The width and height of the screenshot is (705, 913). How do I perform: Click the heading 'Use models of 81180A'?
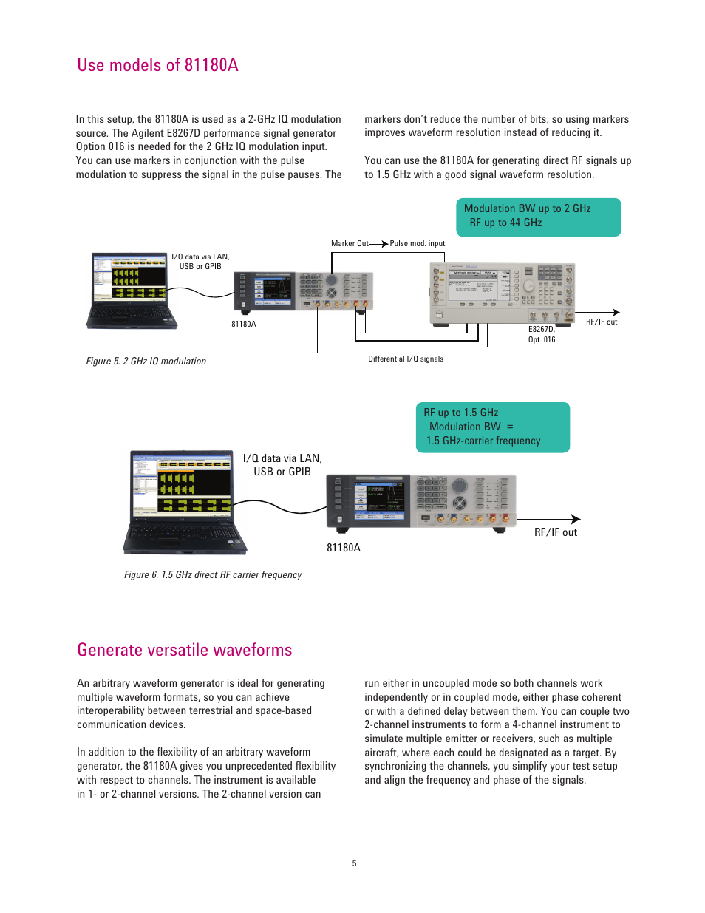pos(157,65)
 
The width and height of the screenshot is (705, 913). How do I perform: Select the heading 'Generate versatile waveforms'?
pos(184,650)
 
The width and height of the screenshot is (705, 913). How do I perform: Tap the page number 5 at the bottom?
pos(354,863)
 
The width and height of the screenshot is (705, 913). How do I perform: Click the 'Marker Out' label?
pos(350,243)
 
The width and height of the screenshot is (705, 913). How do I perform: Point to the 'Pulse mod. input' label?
pos(418,243)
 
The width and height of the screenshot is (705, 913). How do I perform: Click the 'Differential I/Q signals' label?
pos(406,359)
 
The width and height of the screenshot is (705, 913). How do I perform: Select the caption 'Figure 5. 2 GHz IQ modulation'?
pos(146,361)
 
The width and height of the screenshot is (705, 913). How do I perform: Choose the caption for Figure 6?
pos(213,574)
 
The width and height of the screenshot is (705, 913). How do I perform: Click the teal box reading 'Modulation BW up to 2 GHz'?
pos(538,217)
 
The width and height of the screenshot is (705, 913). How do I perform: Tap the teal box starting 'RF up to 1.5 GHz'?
pos(492,427)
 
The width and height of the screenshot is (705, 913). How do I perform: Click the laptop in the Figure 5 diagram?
pos(132,290)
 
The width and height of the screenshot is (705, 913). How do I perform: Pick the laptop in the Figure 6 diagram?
pos(184,501)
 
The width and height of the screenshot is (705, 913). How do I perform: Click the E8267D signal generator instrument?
pos(502,293)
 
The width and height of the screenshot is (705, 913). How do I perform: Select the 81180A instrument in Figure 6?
pos(420,501)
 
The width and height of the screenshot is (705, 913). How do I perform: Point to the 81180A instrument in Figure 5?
pos(303,291)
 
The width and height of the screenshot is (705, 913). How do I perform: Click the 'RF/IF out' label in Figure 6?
pos(556,532)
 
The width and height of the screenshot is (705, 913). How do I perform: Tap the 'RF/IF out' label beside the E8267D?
pos(602,322)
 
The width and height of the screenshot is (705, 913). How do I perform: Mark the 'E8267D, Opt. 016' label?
pos(542,334)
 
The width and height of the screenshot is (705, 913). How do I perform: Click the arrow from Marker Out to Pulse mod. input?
pos(379,243)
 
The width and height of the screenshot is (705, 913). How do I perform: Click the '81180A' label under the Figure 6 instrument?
pos(344,548)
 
